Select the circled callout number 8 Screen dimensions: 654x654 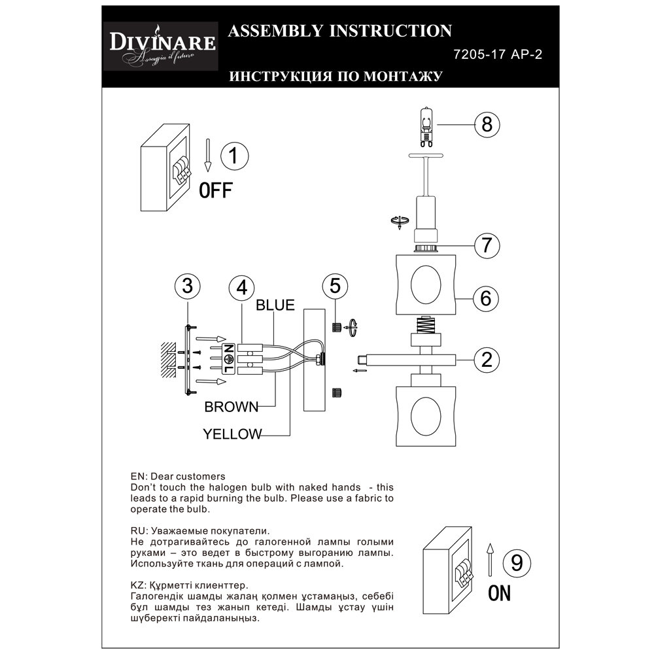486,124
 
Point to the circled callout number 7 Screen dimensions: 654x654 486,245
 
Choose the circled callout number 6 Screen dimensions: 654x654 486,298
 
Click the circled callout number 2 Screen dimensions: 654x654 486,359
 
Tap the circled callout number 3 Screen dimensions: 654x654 188,286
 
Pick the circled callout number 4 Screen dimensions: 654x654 242,286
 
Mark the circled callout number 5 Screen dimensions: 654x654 335,286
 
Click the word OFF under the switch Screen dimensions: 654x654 215,191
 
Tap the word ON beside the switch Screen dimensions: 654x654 499,593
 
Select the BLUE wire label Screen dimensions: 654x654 275,304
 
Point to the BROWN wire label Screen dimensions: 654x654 232,407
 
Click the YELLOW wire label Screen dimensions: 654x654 232,434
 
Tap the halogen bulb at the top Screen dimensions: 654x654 426,126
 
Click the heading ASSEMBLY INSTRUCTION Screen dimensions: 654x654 338,31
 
